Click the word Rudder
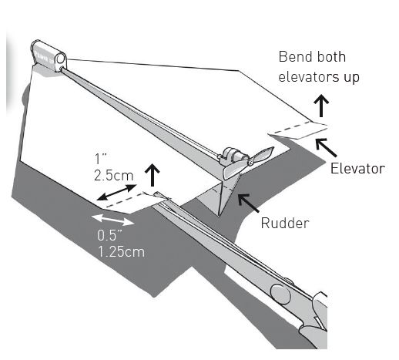pos(285,223)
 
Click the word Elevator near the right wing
pos(357,169)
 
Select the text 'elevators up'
pos(319,77)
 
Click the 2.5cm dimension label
pos(114,176)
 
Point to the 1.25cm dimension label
pos(121,251)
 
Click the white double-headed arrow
pos(112,220)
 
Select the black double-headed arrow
pos(117,192)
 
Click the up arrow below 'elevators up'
pos(321,106)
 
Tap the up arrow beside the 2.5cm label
pos(153,175)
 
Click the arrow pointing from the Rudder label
pos(249,203)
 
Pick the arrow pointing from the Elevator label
pos(326,147)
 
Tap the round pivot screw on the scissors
pos(281,294)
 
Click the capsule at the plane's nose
pos(49,56)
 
